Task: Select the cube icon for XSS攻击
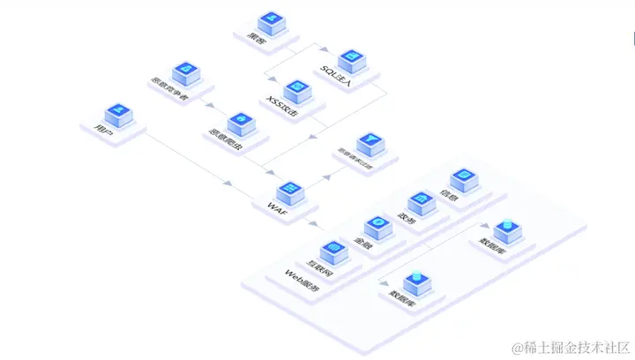click(298, 88)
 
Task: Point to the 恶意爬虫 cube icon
click(239, 123)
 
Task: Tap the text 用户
click(102, 130)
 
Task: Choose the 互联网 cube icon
click(332, 251)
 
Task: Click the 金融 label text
click(362, 239)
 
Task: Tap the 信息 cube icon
click(462, 180)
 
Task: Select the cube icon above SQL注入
click(351, 57)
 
